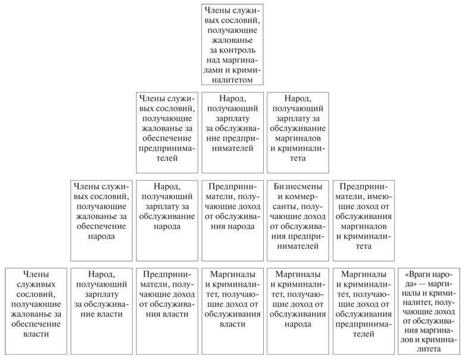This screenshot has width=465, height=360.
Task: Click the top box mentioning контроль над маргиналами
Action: point(232,45)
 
